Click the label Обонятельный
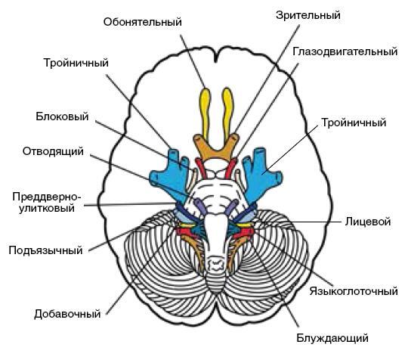[x=142, y=22]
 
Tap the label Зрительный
[x=308, y=15]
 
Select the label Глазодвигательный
[x=345, y=52]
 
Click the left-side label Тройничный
[x=76, y=63]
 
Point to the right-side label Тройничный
[x=354, y=123]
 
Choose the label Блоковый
[x=62, y=116]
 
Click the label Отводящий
[x=53, y=151]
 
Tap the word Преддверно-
[x=47, y=197]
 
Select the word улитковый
[x=47, y=209]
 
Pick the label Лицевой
[x=368, y=222]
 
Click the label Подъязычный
[x=46, y=250]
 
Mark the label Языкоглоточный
[x=354, y=291]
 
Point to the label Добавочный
[x=67, y=314]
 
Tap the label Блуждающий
[x=332, y=338]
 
